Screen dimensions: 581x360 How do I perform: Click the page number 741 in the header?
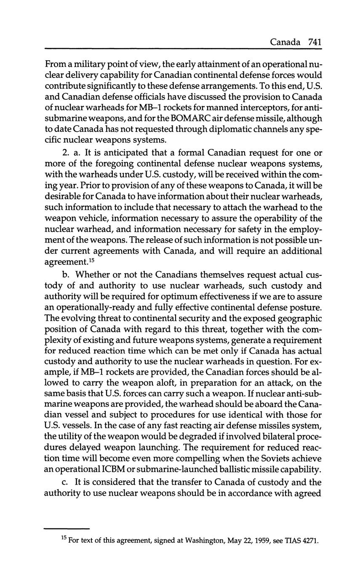point(315,42)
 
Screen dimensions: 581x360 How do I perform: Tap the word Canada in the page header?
point(285,42)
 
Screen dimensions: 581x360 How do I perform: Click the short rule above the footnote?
point(67,529)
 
